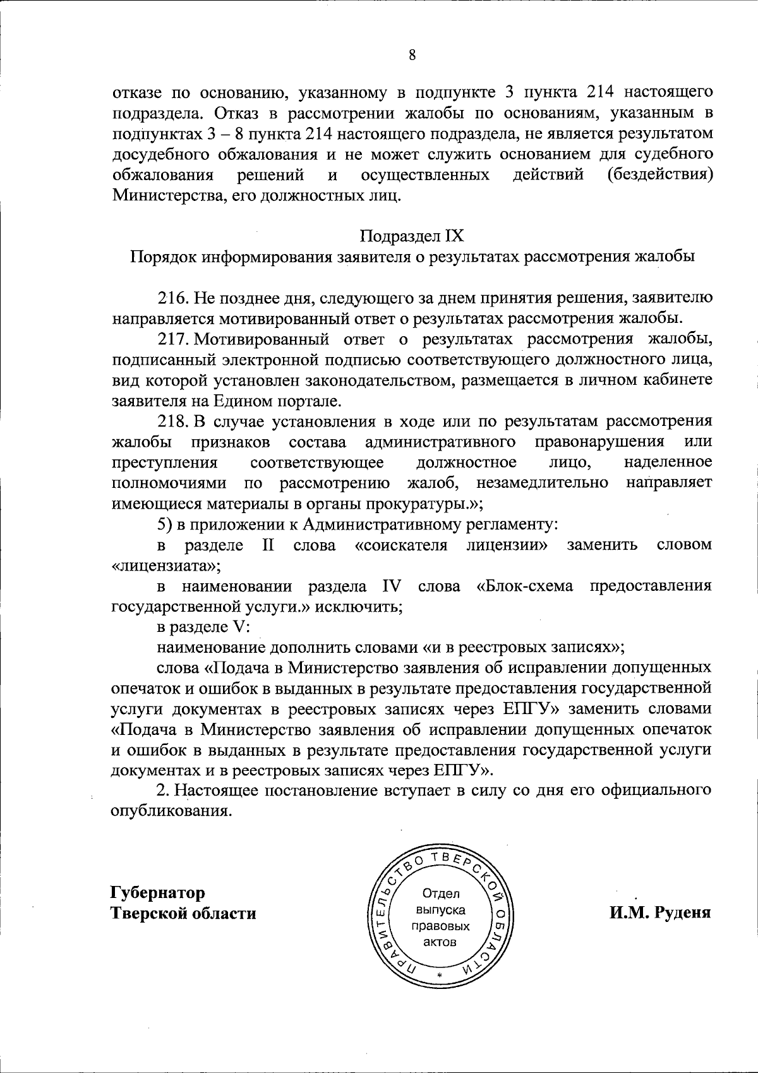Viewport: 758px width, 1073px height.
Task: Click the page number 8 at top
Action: (411, 55)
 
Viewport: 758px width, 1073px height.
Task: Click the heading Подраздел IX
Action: (412, 236)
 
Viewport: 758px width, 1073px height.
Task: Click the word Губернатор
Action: (157, 893)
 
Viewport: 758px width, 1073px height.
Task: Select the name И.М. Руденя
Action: (660, 912)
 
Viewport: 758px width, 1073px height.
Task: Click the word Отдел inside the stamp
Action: (441, 894)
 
